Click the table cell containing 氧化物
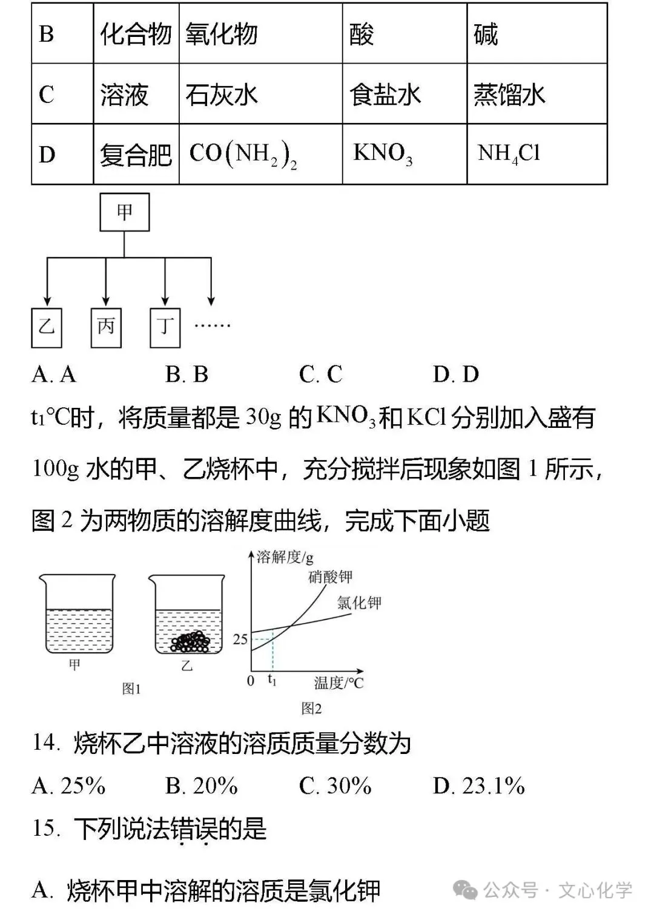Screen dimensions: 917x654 point(222,34)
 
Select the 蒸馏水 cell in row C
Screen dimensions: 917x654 point(509,95)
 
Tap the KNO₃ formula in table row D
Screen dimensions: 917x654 point(383,153)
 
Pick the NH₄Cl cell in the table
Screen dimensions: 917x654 point(509,153)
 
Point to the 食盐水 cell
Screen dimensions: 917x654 point(385,95)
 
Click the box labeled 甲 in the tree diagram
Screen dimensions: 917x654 point(124,212)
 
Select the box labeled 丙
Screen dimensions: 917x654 point(106,327)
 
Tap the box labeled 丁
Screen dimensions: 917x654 point(165,327)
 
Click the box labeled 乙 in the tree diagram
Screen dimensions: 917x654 point(47,327)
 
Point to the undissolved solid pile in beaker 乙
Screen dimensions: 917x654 point(190,642)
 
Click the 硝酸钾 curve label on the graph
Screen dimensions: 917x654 point(330,576)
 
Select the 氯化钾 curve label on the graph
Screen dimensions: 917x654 point(359,602)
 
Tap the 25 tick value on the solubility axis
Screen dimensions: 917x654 point(240,639)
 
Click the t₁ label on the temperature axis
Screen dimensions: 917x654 point(272,680)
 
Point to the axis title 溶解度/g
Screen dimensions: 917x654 point(285,557)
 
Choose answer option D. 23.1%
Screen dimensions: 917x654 point(478,786)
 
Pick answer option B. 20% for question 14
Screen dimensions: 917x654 point(201,786)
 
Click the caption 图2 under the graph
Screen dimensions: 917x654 point(311,708)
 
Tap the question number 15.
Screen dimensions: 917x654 point(46,829)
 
